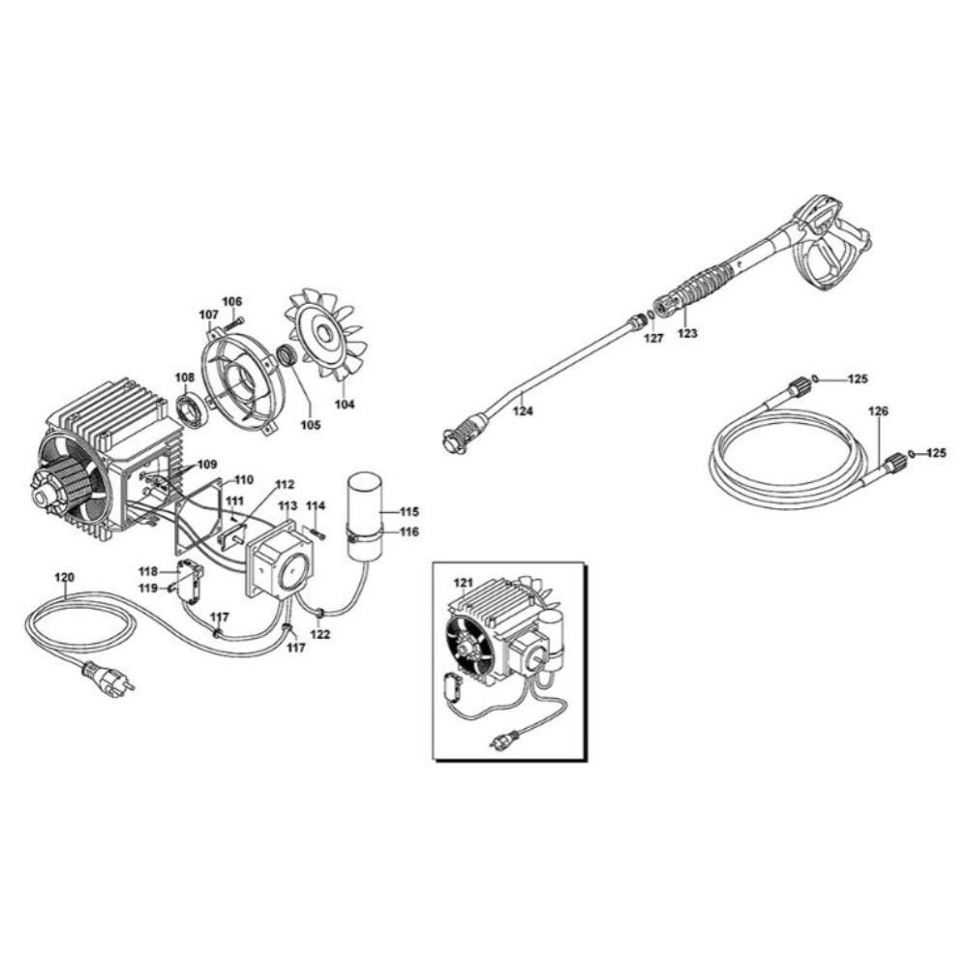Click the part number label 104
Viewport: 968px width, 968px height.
click(345, 405)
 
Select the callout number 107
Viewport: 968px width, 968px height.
click(209, 316)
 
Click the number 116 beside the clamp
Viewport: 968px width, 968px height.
click(408, 531)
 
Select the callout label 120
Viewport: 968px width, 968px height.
click(64, 577)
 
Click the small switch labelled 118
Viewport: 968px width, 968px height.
click(190, 579)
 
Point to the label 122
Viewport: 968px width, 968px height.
click(320, 634)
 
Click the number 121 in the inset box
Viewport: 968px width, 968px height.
click(463, 582)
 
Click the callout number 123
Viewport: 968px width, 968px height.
click(687, 333)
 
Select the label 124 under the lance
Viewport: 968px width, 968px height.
click(523, 410)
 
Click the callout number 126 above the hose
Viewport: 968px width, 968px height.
click(878, 410)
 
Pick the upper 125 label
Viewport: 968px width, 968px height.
click(857, 379)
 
